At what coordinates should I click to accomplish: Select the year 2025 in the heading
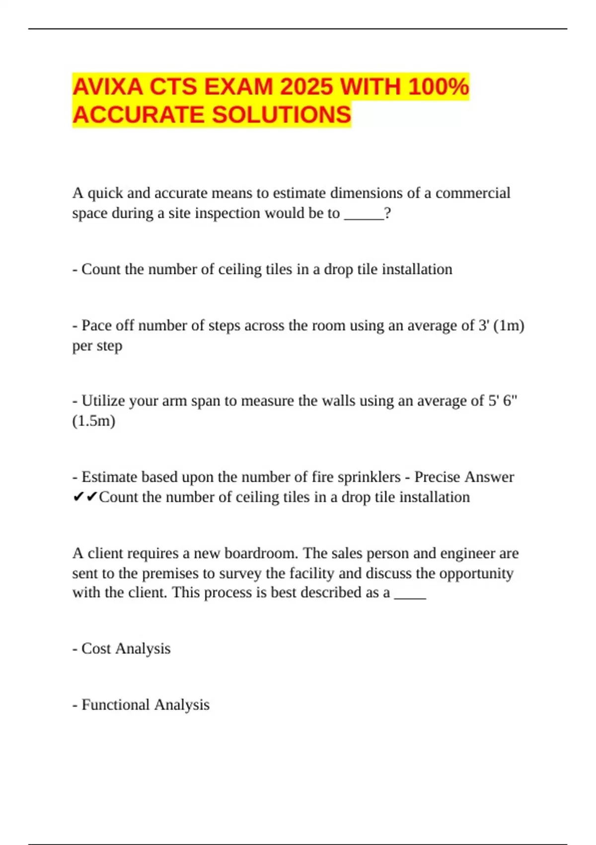306,87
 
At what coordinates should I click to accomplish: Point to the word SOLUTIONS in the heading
282,115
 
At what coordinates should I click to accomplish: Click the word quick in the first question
105,193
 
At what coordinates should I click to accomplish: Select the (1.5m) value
93,421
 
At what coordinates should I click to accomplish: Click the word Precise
437,477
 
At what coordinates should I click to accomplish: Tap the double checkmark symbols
85,497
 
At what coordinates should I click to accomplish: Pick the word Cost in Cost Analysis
96,649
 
